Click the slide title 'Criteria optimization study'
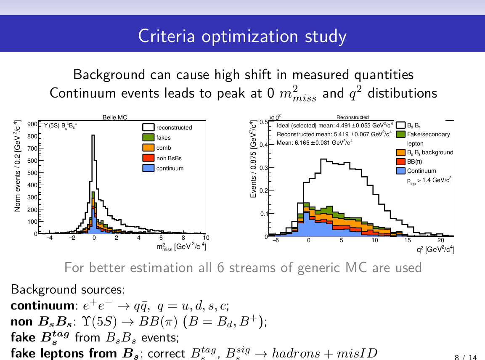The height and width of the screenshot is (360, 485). pos(242,36)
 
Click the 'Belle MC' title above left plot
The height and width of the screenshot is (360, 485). pos(115,118)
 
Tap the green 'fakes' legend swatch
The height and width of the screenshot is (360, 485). pos(148,138)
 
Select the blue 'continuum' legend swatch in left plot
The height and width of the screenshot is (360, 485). pos(148,168)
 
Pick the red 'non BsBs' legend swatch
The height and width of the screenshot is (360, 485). pos(148,158)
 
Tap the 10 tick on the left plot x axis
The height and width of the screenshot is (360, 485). pos(206,238)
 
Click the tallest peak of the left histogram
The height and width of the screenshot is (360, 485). pos(93,135)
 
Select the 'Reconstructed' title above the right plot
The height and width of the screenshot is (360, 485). pos(352,117)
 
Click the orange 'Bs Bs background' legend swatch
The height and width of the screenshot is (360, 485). pos(400,152)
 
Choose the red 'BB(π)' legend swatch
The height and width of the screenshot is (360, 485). pos(400,161)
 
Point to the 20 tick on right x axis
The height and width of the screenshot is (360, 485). pos(441,240)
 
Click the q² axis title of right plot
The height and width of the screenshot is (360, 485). pos(435,250)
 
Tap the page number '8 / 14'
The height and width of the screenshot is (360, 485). pos(466,357)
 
